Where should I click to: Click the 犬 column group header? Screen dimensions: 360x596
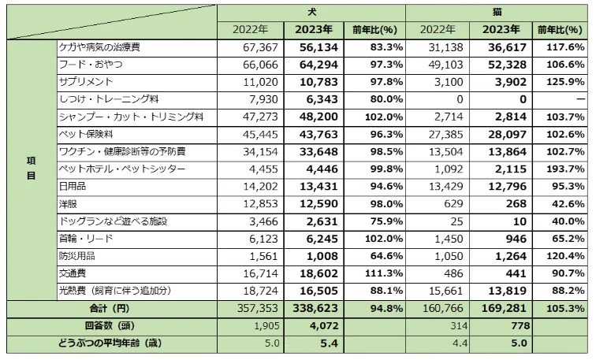(x=311, y=13)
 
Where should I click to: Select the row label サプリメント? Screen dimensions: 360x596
(x=87, y=82)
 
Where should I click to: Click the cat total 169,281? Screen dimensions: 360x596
(x=501, y=309)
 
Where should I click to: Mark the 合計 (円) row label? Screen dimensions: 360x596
(x=112, y=309)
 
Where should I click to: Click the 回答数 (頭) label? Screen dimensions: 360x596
(x=112, y=326)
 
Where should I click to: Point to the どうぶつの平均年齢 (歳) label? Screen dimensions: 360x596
(x=112, y=343)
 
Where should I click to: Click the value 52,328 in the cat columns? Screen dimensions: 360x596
(x=501, y=65)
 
